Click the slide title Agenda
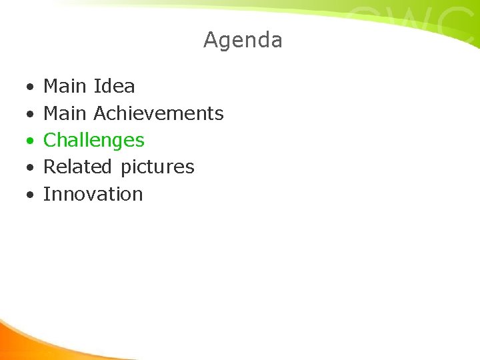coord(243,40)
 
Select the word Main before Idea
coord(65,86)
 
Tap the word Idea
coord(114,86)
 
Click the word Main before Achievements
coord(65,113)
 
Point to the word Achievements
coord(159,113)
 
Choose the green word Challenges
coord(93,140)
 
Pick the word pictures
coord(157,167)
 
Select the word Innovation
coord(93,194)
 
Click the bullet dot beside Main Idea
coord(30,87)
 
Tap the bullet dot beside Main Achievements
coord(30,114)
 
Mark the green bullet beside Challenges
coord(30,141)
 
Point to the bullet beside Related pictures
coord(30,168)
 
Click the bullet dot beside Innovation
coord(30,195)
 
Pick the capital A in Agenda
coord(211,40)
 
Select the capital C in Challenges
coord(50,140)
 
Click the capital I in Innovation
coord(46,194)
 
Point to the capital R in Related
coord(50,167)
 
